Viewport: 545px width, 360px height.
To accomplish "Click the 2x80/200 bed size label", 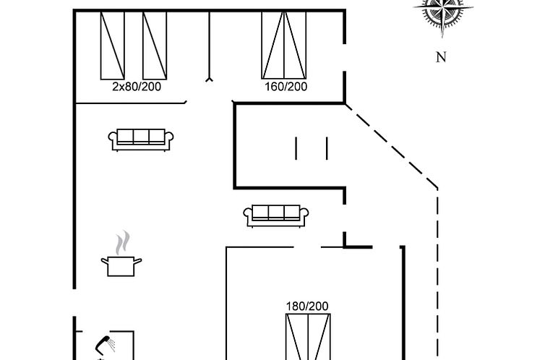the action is click(x=137, y=87).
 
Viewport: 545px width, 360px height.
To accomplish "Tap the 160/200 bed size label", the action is click(x=286, y=87).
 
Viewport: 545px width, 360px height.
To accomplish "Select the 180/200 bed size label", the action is click(x=307, y=306).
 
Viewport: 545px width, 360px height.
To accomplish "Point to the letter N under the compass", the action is click(x=441, y=57).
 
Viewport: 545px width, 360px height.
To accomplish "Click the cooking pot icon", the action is click(x=121, y=266).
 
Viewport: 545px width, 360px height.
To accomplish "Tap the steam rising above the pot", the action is click(x=122, y=242).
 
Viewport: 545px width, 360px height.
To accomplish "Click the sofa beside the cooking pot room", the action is click(x=141, y=140).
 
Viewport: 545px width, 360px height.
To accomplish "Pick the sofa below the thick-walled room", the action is click(x=276, y=216).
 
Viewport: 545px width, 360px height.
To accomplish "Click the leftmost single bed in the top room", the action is click(x=113, y=46).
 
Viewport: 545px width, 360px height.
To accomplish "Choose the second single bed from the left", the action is click(x=155, y=46).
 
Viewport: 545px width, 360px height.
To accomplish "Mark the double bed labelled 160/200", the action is click(x=284, y=45).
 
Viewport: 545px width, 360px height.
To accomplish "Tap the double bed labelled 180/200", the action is click(x=308, y=337).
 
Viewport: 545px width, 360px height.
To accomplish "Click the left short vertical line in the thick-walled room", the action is click(x=296, y=148).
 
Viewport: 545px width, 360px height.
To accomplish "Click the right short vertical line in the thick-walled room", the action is click(x=327, y=148).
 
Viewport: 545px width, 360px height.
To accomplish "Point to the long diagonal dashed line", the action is click(x=391, y=146).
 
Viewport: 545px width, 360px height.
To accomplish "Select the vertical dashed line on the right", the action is click(x=437, y=275).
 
